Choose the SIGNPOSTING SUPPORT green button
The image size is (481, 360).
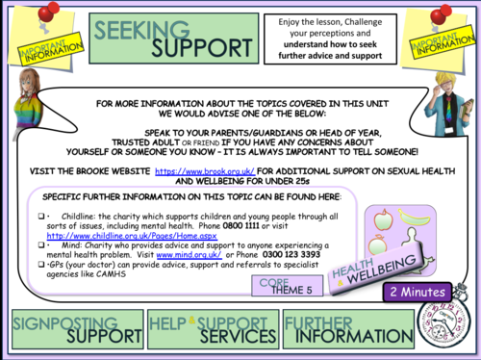pos(72,328)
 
